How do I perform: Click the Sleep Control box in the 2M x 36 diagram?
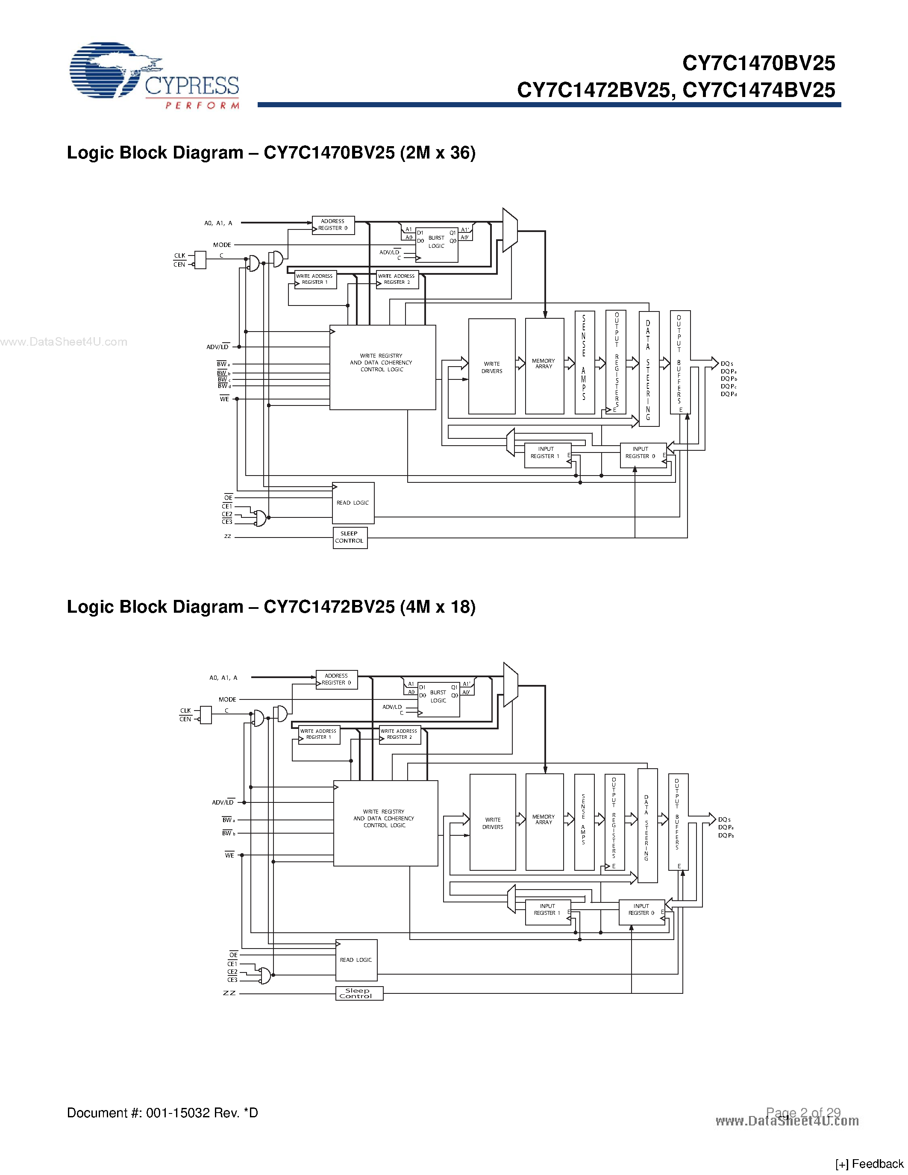click(350, 538)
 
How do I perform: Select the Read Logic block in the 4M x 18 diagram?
click(356, 960)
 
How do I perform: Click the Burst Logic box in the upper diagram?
click(436, 243)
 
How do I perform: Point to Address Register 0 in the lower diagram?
click(336, 679)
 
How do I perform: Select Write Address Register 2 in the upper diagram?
click(397, 279)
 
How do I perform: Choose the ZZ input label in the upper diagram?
click(228, 536)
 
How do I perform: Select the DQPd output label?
click(729, 394)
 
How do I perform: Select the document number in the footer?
click(162, 1113)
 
